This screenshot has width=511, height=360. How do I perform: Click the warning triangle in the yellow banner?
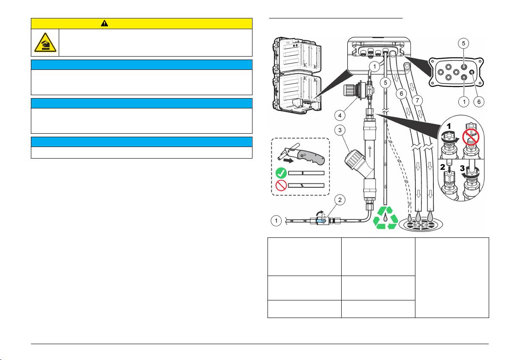pos(104,23)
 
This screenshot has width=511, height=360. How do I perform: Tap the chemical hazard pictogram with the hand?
pos(45,42)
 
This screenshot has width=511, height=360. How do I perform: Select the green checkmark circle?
pos(281,173)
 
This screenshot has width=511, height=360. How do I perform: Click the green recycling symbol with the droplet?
pos(385,218)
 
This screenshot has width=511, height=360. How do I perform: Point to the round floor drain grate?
pos(421,225)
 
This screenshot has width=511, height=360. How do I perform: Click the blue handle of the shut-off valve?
pos(92,221)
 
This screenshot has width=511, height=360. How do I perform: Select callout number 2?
pos(340,200)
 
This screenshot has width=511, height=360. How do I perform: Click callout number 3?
pos(340,130)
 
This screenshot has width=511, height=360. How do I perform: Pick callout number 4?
pos(340,115)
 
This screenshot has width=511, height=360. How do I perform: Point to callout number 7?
pos(418,100)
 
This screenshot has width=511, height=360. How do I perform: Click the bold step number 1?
pos(449,126)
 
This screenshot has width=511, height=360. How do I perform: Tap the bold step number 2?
pos(442,167)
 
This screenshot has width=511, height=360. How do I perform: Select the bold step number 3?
pos(462,168)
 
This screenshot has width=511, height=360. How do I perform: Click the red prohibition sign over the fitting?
pos(471,137)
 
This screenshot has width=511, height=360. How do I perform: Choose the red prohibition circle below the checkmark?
pos(281,186)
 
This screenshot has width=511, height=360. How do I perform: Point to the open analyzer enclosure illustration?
pos(297,75)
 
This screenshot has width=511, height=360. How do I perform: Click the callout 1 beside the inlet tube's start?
pos(276,221)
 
